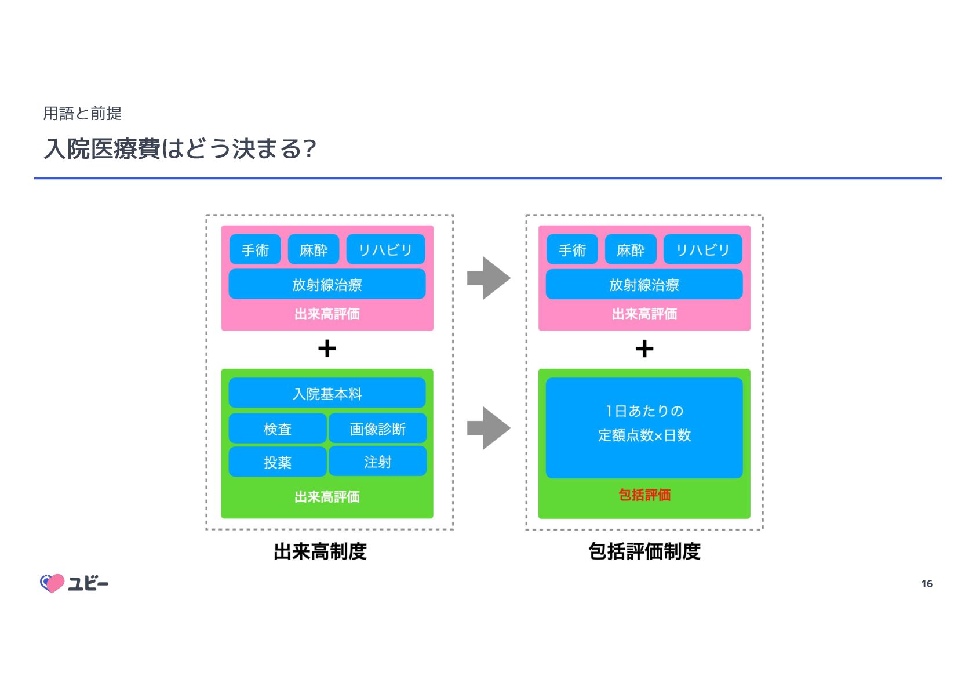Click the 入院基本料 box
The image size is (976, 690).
[x=327, y=393]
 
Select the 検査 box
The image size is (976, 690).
[x=278, y=428]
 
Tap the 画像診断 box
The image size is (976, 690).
[x=377, y=428]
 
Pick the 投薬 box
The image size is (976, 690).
[x=278, y=462]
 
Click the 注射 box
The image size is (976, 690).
[x=377, y=462]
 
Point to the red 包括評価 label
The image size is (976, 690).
[x=644, y=495]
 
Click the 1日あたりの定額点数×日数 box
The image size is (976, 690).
[x=644, y=428]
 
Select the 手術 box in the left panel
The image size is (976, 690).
[x=255, y=249]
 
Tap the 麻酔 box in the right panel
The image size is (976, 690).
[x=631, y=249]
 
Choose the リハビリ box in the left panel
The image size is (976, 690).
[x=385, y=249]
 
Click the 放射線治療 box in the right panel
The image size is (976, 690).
[x=644, y=284]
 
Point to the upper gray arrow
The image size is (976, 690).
[x=488, y=278]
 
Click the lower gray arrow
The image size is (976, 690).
[x=488, y=428]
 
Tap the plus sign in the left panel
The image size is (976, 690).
[x=327, y=348]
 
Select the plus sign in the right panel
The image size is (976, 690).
[x=644, y=348]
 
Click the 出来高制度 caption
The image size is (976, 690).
[x=320, y=551]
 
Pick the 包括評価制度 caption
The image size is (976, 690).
[x=644, y=551]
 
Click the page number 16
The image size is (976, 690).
[x=926, y=583]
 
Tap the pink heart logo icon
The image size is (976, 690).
[x=52, y=583]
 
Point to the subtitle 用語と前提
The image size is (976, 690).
[x=82, y=113]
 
